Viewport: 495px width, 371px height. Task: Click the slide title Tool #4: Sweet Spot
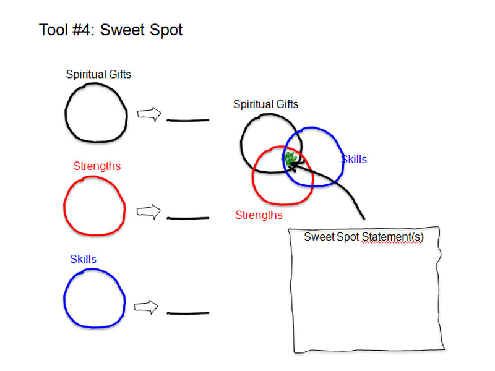click(111, 30)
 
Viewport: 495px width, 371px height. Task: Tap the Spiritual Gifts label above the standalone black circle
click(98, 75)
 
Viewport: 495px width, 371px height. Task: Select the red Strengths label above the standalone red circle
click(97, 166)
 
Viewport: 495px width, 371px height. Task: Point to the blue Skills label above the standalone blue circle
click(83, 259)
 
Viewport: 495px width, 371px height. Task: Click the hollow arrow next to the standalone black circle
click(148, 114)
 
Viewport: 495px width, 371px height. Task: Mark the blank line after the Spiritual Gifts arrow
click(188, 120)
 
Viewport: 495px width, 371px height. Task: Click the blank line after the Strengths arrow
click(188, 218)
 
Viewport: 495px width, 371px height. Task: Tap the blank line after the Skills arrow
click(188, 313)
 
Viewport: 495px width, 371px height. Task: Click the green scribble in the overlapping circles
click(290, 159)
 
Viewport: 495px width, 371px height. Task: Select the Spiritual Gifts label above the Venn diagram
click(265, 104)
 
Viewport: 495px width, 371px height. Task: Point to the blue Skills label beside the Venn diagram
click(354, 160)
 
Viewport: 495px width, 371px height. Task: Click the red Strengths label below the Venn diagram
click(259, 215)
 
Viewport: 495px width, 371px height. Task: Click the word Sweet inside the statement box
click(318, 237)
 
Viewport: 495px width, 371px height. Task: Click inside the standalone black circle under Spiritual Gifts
click(95, 114)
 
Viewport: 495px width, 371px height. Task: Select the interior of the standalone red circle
click(94, 206)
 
